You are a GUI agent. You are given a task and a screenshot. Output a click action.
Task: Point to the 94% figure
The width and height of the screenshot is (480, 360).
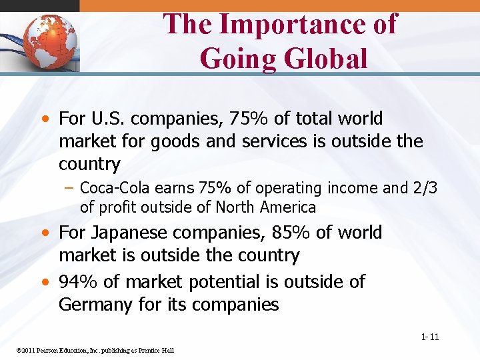[79, 282]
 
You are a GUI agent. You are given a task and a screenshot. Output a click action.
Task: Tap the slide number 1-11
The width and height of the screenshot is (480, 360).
[430, 337]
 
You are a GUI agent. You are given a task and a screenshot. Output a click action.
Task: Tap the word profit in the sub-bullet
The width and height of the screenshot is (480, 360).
[117, 207]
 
